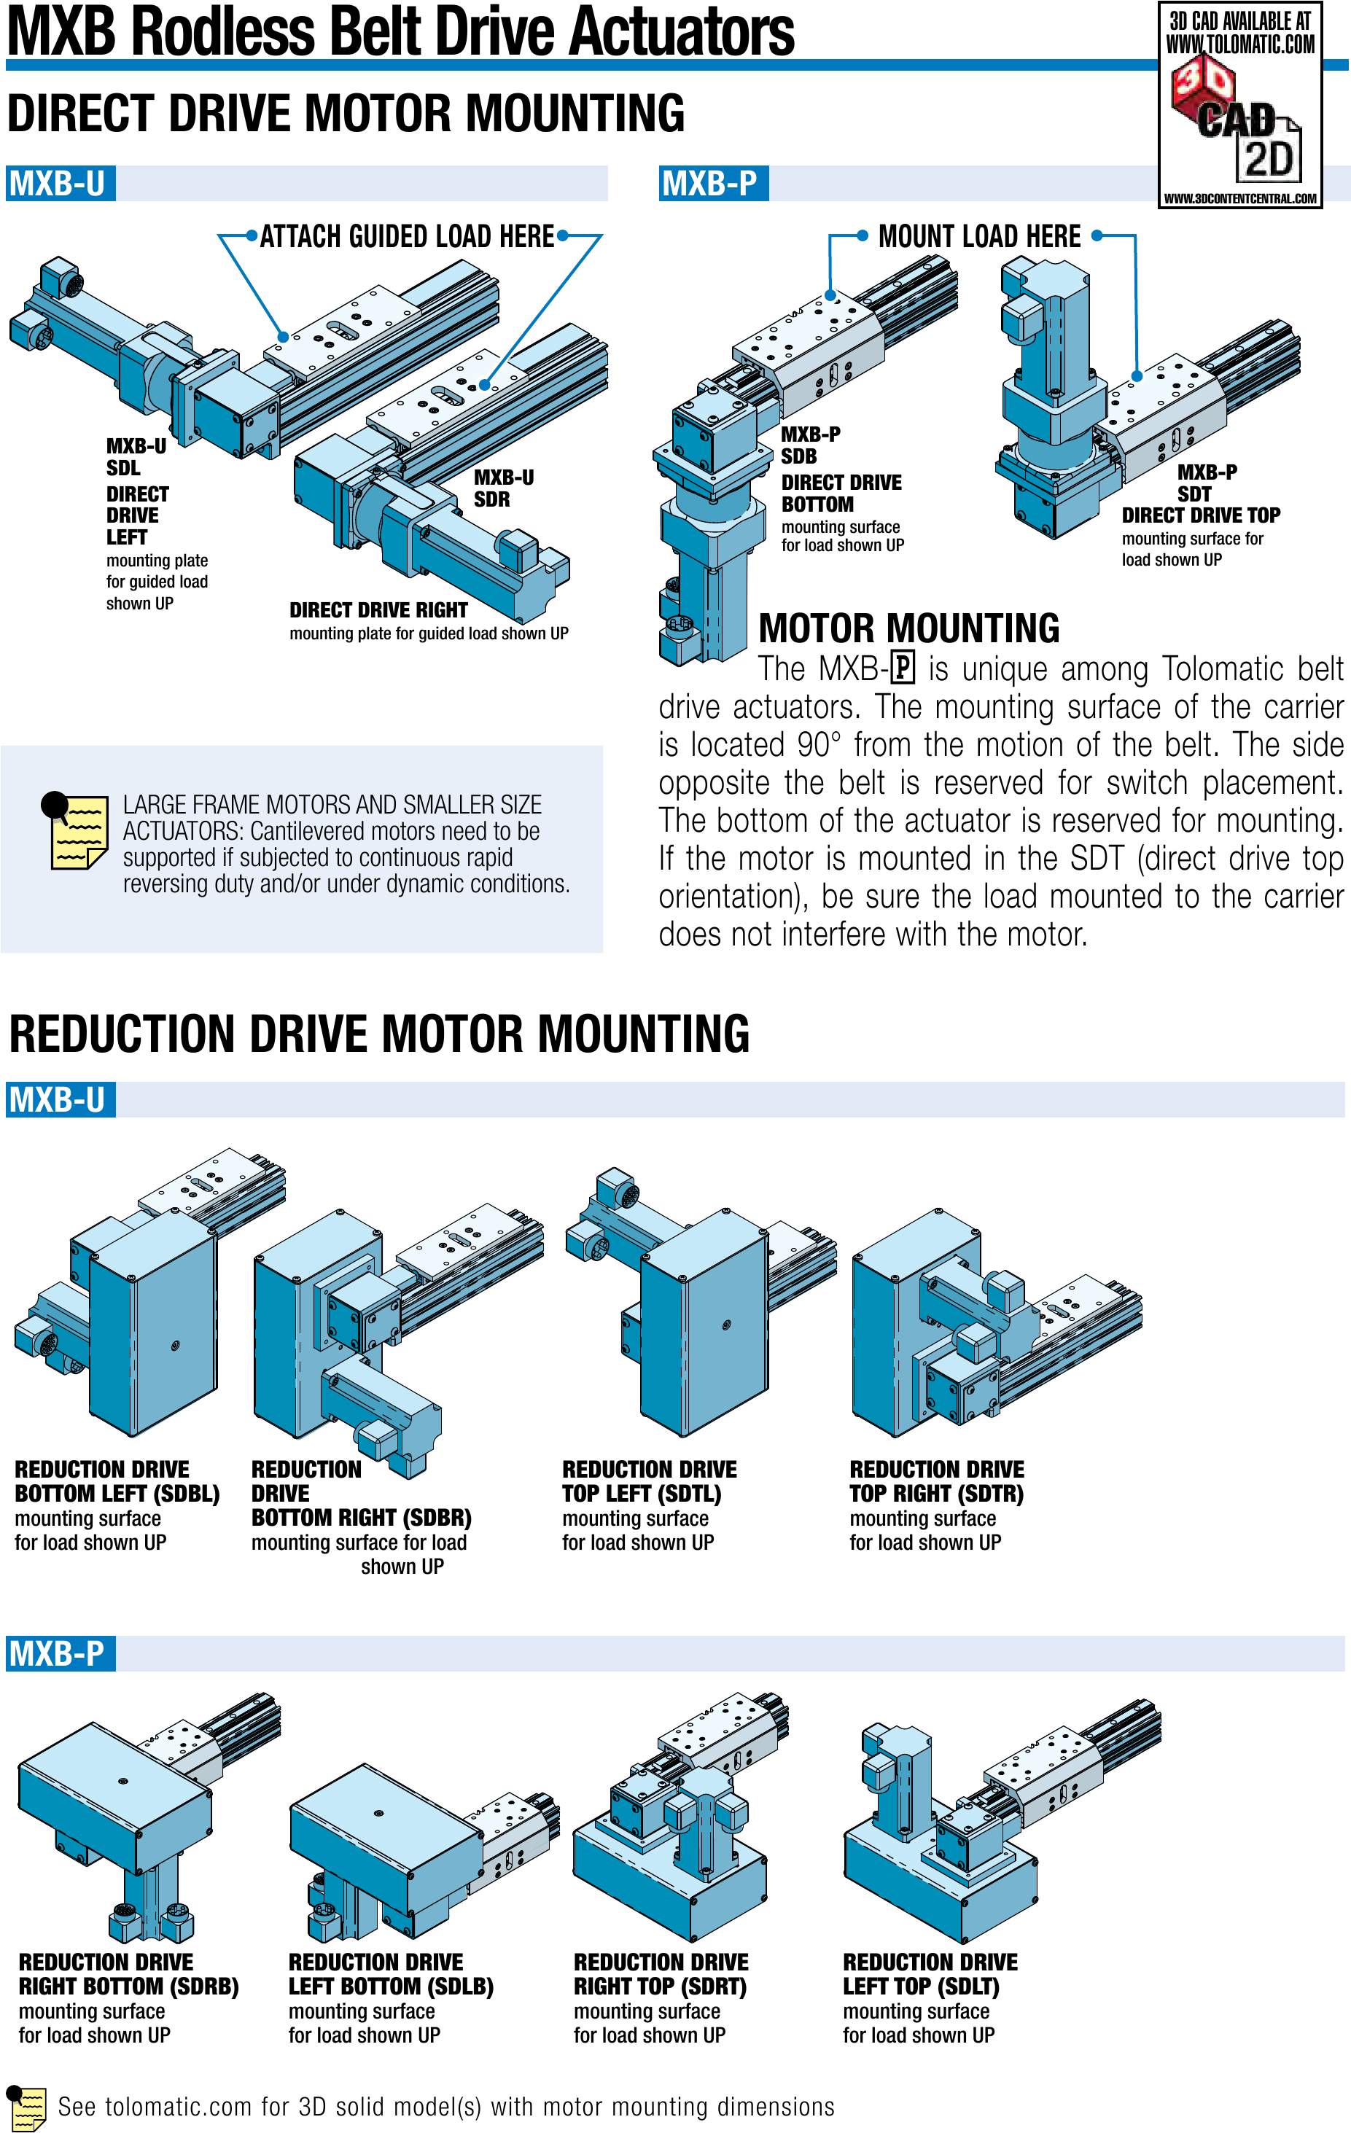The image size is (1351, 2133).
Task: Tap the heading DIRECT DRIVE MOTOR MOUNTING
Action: coord(346,114)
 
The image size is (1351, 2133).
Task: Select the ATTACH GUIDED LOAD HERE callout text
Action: coord(407,236)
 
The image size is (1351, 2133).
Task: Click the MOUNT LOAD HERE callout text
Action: coord(979,236)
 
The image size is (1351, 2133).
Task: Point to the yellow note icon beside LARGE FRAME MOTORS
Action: coord(77,831)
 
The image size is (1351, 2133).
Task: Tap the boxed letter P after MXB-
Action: coord(902,667)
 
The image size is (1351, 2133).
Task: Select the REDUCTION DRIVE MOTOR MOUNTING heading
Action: coord(379,1034)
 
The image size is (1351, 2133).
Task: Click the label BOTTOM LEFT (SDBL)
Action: coord(117,1494)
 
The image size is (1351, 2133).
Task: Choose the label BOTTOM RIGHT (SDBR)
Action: coord(361,1517)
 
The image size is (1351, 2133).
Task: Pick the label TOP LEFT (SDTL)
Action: coord(642,1494)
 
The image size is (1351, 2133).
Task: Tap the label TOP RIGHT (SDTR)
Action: coord(936,1494)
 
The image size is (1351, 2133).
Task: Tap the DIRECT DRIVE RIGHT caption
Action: coord(378,610)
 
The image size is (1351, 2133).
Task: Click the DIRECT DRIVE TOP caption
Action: coord(1200,515)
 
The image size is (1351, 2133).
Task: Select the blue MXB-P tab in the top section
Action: coord(712,184)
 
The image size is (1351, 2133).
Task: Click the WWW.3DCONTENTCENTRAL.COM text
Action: coord(1239,198)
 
